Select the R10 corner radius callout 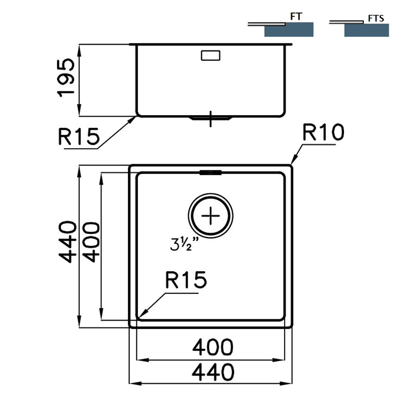[x=323, y=133]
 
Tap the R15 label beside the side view [x=79, y=137]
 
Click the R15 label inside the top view [x=186, y=281]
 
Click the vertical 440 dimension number [x=67, y=242]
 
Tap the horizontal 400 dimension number [x=213, y=348]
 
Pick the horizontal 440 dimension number [x=213, y=373]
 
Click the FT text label [x=296, y=17]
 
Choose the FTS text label [x=376, y=19]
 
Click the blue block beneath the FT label [x=289, y=30]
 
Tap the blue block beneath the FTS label [x=367, y=30]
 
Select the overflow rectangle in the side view [x=210, y=55]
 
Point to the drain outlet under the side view [x=210, y=118]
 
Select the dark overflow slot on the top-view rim [x=211, y=173]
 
